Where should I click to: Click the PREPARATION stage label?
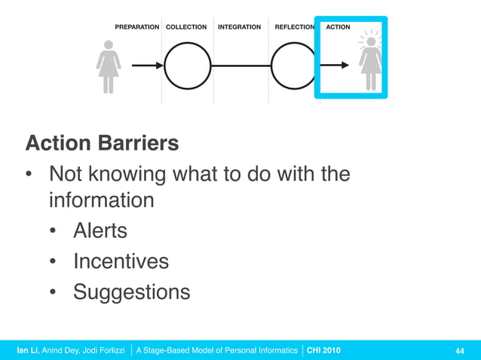click(x=136, y=27)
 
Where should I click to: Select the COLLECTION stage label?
click(x=186, y=27)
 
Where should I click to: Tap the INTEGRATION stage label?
click(x=239, y=27)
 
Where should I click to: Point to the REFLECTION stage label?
click(x=294, y=27)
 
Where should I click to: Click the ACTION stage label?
click(x=338, y=27)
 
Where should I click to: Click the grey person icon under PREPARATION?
click(x=109, y=66)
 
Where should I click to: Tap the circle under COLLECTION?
click(x=188, y=66)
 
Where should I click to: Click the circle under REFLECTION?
click(x=293, y=66)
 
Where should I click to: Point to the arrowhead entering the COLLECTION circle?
click(x=159, y=66)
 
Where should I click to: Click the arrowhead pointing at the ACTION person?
click(x=345, y=66)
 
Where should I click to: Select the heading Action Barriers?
click(x=102, y=143)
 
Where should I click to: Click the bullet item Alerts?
click(x=100, y=230)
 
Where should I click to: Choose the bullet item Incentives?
click(x=121, y=261)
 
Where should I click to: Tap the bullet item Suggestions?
click(x=131, y=292)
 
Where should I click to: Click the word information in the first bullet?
click(x=102, y=201)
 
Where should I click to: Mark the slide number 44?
click(x=459, y=350)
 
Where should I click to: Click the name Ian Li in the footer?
click(x=29, y=350)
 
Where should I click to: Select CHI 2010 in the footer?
click(x=323, y=350)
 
